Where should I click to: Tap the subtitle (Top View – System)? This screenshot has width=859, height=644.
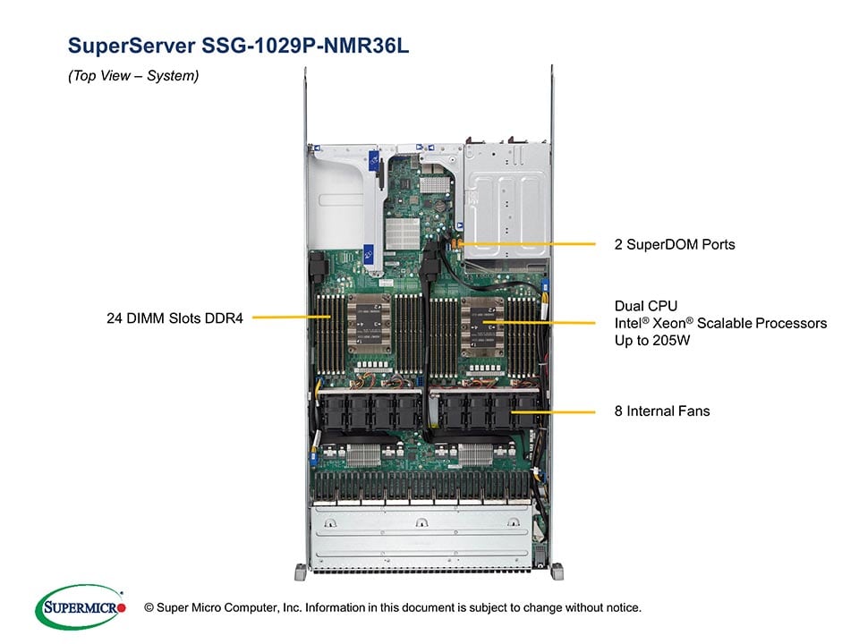pyautogui.click(x=133, y=77)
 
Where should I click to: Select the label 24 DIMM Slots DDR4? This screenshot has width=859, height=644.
pyautogui.click(x=174, y=316)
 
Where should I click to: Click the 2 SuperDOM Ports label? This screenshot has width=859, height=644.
pyautogui.click(x=675, y=243)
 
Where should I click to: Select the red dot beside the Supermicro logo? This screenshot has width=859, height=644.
pyautogui.click(x=122, y=608)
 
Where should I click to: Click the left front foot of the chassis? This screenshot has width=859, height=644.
pyautogui.click(x=298, y=570)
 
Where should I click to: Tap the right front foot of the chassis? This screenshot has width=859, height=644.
pyautogui.click(x=557, y=570)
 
